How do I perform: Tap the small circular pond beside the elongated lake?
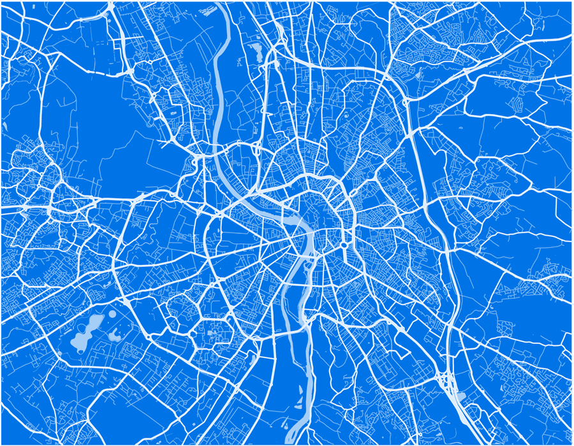coord(112,313)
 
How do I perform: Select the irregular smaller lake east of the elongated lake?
coord(115,334)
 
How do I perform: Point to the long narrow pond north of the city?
coord(258,51)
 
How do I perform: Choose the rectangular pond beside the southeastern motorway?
coord(460,396)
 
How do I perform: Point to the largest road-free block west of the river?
coord(96,121)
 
